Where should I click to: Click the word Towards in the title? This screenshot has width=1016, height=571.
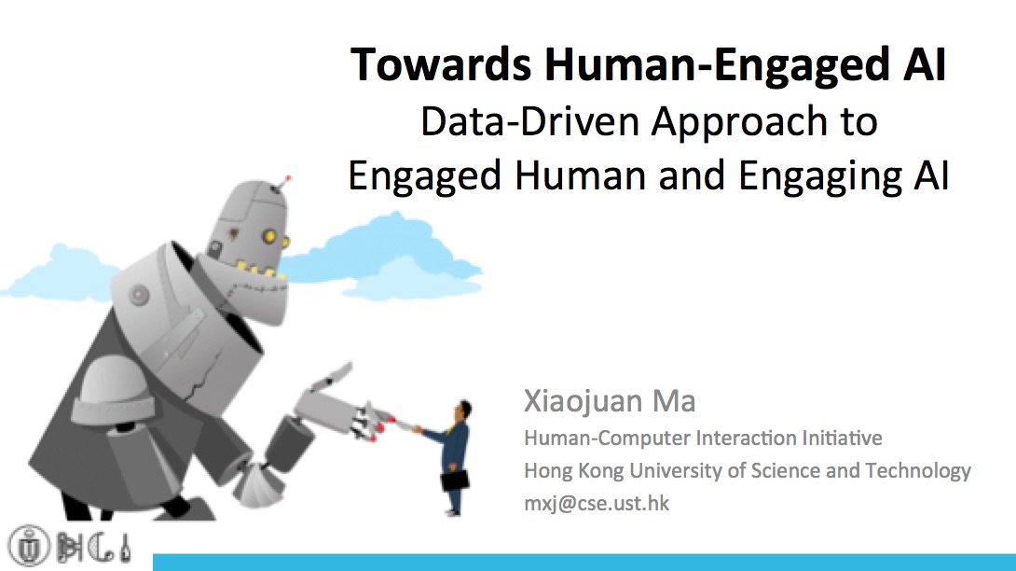click(441, 64)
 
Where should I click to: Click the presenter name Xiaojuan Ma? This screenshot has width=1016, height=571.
click(610, 402)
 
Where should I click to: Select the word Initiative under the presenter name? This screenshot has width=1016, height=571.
click(842, 438)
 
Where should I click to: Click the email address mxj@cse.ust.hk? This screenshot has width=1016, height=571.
click(597, 504)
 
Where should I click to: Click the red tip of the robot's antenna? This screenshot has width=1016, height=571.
click(288, 178)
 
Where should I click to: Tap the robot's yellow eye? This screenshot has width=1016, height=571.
click(268, 236)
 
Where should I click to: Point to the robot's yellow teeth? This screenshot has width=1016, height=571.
click(260, 270)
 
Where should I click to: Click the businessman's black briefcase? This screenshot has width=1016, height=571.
click(455, 480)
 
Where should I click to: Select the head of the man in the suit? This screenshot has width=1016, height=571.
click(463, 411)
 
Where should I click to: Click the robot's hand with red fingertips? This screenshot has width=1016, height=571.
click(369, 421)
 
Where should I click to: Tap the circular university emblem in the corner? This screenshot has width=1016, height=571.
click(29, 546)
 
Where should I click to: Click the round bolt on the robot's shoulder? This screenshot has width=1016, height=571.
click(139, 295)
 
